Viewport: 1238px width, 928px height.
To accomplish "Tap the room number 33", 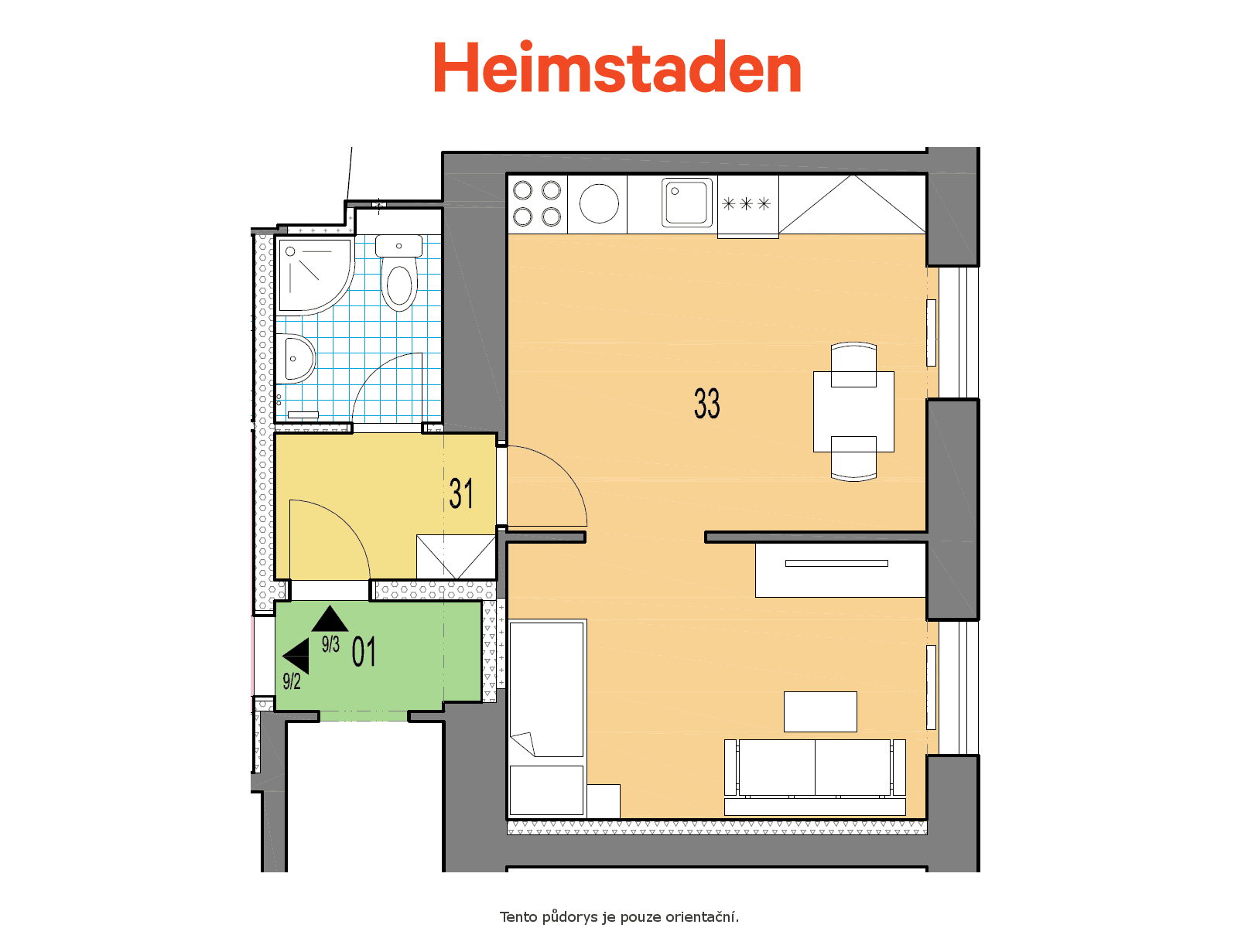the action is pos(706,404).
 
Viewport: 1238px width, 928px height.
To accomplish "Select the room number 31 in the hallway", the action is pos(461,493).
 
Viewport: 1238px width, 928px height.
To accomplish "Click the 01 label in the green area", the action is pos(363,651).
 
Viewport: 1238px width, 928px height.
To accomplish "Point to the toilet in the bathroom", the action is pos(399,272).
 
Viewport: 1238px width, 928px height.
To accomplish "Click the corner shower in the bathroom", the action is pos(314,275).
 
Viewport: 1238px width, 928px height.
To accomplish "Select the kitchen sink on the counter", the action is pos(686,203).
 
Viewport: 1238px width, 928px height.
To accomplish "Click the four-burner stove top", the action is pos(537,203).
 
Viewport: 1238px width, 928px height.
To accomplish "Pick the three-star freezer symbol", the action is pos(746,203).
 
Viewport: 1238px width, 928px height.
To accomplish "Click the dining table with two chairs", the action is pos(853,412).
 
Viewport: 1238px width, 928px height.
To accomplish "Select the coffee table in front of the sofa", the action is pos(820,711).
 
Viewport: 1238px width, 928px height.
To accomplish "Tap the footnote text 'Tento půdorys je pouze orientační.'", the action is pos(619,916).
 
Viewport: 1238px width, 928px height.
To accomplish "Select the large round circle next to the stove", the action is pos(599,203).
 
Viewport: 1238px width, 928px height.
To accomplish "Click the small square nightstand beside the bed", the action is pos(604,800).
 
